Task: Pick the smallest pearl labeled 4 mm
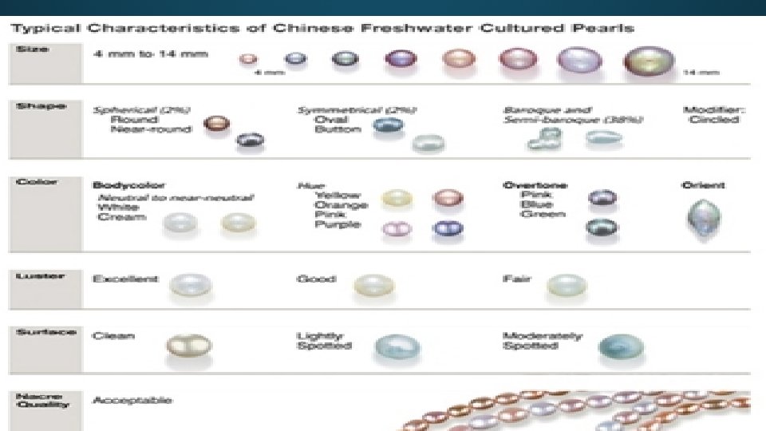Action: click(248, 59)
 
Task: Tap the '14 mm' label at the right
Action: click(702, 73)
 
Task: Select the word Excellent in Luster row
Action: click(125, 279)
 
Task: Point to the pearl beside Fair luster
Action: click(567, 285)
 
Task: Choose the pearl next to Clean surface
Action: click(185, 346)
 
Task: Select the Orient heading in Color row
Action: click(703, 185)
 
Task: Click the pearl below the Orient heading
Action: click(703, 216)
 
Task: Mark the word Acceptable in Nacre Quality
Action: click(132, 399)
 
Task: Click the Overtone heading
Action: click(535, 185)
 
